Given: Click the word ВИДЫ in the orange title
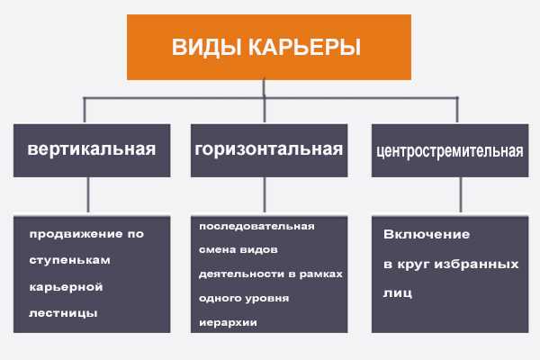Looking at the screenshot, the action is click(206, 47).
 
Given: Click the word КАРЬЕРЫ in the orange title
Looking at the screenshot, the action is click(304, 47).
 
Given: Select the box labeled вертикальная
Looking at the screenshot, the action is click(92, 150).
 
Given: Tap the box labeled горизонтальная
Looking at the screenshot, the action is click(269, 150).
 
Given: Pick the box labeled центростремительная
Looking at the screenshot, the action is click(450, 150).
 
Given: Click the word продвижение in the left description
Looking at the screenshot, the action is click(76, 235).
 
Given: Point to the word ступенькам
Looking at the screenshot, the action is click(70, 261).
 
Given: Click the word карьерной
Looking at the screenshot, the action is click(66, 287).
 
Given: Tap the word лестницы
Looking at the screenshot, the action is click(63, 313).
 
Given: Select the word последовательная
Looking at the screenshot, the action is click(256, 226).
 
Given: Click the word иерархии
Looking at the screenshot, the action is click(228, 323).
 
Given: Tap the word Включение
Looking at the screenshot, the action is click(427, 235).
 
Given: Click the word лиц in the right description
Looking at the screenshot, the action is click(398, 293).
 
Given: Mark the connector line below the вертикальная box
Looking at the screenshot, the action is click(88, 194).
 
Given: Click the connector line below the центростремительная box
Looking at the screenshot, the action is click(461, 194).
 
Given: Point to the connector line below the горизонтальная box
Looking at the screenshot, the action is click(265, 194).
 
